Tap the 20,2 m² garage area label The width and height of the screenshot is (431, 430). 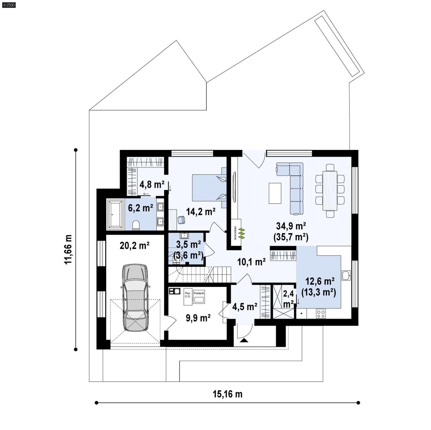pyautogui.click(x=134, y=246)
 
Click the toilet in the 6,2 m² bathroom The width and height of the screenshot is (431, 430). pyautogui.click(x=136, y=226)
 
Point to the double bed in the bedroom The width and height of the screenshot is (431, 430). pyautogui.click(x=209, y=187)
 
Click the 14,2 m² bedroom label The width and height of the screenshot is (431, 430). pyautogui.click(x=200, y=212)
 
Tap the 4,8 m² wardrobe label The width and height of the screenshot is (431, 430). pyautogui.click(x=152, y=184)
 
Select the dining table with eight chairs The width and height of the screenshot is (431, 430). pyautogui.click(x=330, y=191)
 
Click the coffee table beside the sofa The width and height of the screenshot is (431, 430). pyautogui.click(x=275, y=193)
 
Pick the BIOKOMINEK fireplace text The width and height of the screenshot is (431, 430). pyautogui.click(x=235, y=232)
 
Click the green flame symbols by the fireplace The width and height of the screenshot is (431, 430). pyautogui.click(x=242, y=233)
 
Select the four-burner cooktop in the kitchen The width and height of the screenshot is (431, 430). pyautogui.click(x=321, y=314)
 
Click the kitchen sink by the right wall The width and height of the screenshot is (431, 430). pyautogui.click(x=346, y=275)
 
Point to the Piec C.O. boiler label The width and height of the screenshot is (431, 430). pyautogui.click(x=187, y=295)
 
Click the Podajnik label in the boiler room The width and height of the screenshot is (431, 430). pyautogui.click(x=199, y=293)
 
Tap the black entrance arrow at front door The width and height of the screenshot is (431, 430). pyautogui.click(x=244, y=340)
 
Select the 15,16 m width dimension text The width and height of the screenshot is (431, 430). pyautogui.click(x=227, y=394)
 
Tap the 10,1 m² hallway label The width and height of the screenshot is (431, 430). pyautogui.click(x=251, y=262)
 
